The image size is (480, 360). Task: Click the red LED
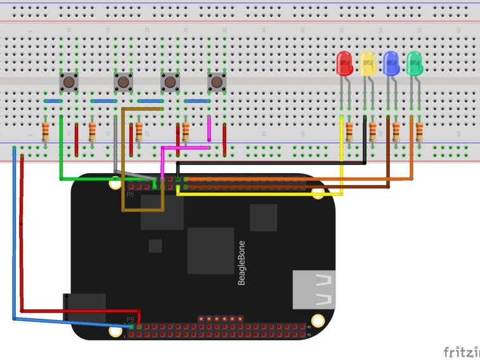pos(344,63)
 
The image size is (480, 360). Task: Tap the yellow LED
pos(368,63)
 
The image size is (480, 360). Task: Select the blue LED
pos(391,63)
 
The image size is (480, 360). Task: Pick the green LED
pos(414,63)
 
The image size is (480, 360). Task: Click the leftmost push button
pos(69,82)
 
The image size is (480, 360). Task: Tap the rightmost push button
pos(217,82)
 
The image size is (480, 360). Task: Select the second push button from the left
pos(124,82)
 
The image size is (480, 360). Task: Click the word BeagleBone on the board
pos(242,262)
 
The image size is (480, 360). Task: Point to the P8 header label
pos(130,195)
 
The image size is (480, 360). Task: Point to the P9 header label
pos(130,319)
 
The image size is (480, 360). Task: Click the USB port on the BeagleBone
pos(314,290)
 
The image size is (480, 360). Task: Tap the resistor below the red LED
pos(349,132)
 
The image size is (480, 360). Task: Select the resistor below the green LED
pos(419,132)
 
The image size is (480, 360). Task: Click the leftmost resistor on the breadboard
pos(46,132)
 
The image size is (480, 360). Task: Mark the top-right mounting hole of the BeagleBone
pos(318,193)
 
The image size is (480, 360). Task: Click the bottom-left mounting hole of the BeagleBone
pos(115,330)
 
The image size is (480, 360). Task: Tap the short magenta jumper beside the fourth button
pos(209,129)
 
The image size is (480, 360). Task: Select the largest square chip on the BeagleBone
pos(211,250)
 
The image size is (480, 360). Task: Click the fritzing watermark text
pos(461,352)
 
